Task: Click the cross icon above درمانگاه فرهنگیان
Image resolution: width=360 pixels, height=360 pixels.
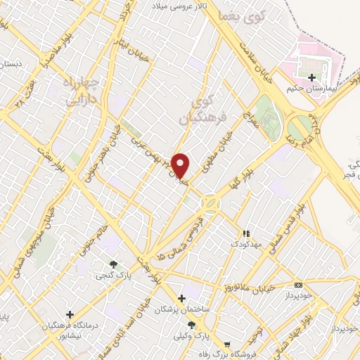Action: [x=69, y=314]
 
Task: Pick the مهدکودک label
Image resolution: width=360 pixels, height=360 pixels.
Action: [x=244, y=243]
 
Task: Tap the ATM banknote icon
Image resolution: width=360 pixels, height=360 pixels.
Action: [x=298, y=285]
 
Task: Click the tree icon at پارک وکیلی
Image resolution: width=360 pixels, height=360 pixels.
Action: [x=191, y=324]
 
